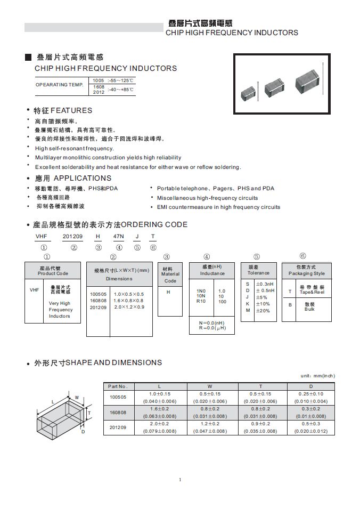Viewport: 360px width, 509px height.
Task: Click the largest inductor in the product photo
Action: tap(307, 79)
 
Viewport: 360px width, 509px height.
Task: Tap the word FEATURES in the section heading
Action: tap(71, 110)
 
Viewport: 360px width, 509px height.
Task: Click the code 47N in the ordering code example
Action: tap(119, 236)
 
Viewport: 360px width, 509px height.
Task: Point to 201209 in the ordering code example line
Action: tap(73, 236)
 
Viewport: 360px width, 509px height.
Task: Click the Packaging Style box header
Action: tap(306, 270)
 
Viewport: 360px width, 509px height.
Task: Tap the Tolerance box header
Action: tap(259, 270)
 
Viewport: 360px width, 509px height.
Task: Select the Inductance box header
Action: tap(212, 270)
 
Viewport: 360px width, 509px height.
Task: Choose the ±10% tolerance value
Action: tap(263, 304)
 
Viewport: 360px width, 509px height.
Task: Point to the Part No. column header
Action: tap(118, 386)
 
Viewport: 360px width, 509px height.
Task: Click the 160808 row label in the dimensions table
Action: tap(118, 412)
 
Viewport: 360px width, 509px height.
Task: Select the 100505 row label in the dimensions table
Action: tap(118, 397)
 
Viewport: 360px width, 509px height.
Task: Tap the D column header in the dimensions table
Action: tap(311, 386)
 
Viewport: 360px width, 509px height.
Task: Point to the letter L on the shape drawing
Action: tap(53, 401)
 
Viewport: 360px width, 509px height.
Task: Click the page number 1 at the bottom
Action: tap(180, 480)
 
